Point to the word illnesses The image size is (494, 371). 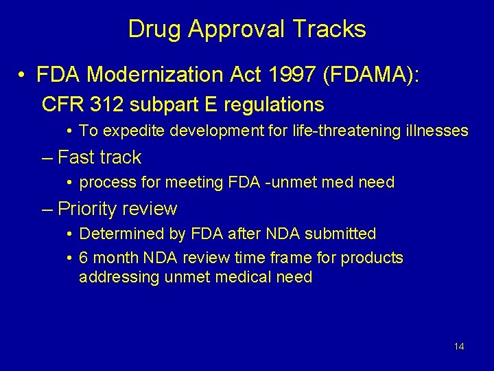tap(439, 131)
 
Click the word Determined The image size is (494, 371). tap(117, 234)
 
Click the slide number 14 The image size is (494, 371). tap(459, 346)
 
